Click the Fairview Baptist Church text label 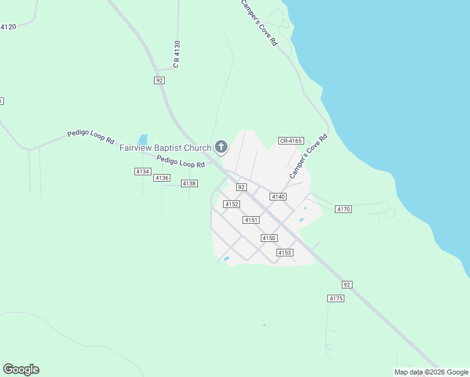pyautogui.click(x=166, y=148)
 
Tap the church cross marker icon pyautogui.click(x=221, y=147)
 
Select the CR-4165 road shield pyautogui.click(x=291, y=141)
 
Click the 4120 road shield pyautogui.click(x=8, y=27)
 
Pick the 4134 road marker pyautogui.click(x=143, y=172)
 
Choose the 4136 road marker pyautogui.click(x=162, y=178)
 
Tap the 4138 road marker pyautogui.click(x=189, y=183)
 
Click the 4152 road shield pyautogui.click(x=231, y=204)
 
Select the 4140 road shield pyautogui.click(x=278, y=197)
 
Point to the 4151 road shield pyautogui.click(x=251, y=220)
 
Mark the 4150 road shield pyautogui.click(x=269, y=238)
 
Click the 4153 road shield pyautogui.click(x=285, y=253)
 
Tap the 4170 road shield pyautogui.click(x=344, y=209)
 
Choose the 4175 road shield pyautogui.click(x=336, y=298)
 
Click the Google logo pyautogui.click(x=21, y=369)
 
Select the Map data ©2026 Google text pyautogui.click(x=431, y=372)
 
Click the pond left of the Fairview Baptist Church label pyautogui.click(x=143, y=139)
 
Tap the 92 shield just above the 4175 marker pyautogui.click(x=347, y=285)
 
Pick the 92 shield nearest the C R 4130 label pyautogui.click(x=160, y=80)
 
